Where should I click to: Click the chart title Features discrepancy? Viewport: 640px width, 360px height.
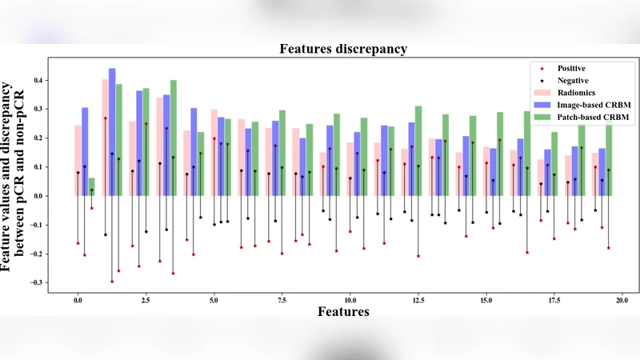click(x=343, y=49)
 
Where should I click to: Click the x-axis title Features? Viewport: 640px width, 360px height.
click(x=343, y=311)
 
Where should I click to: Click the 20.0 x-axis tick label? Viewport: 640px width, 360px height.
click(x=622, y=300)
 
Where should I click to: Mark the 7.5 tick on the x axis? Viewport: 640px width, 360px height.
click(x=282, y=300)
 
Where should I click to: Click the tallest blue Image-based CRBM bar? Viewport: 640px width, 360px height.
click(x=112, y=132)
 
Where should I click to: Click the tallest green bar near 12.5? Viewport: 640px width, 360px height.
click(x=418, y=150)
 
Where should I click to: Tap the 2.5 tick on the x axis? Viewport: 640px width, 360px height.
click(x=146, y=300)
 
